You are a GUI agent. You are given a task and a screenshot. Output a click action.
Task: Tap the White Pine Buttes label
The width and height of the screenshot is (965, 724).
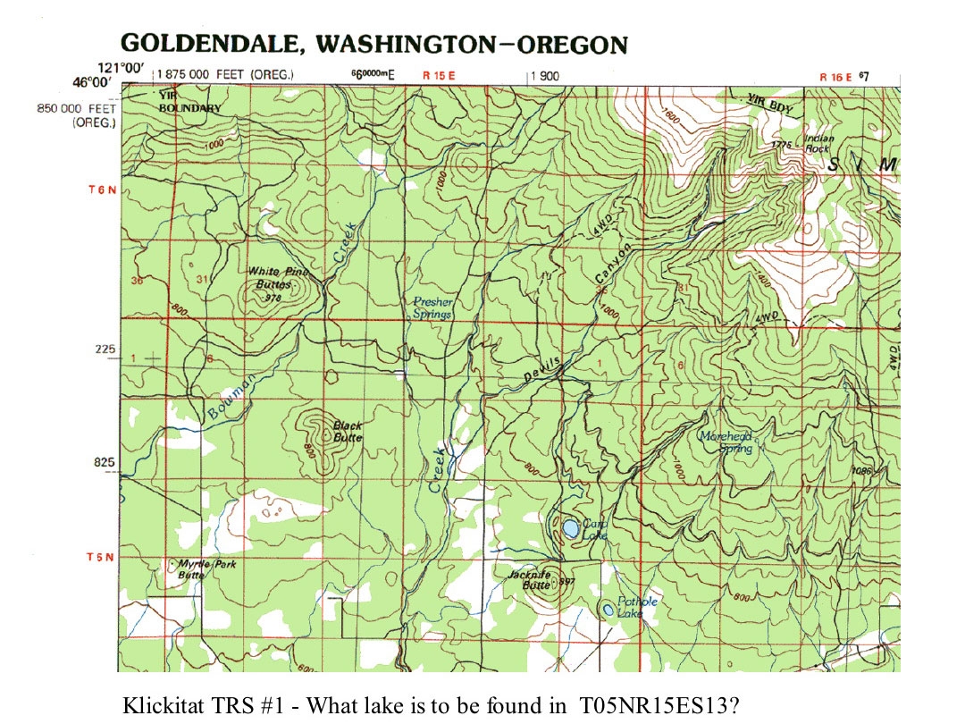pyautogui.click(x=275, y=278)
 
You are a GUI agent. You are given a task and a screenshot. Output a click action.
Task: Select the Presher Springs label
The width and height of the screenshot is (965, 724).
pyautogui.click(x=432, y=308)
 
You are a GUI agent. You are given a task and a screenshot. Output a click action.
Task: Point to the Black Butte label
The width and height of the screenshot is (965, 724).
pyautogui.click(x=348, y=432)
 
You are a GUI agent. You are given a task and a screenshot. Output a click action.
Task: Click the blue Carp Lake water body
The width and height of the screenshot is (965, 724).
pyautogui.click(x=568, y=528)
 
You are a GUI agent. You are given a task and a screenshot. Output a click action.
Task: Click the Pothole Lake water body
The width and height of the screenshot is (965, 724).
pyautogui.click(x=608, y=610)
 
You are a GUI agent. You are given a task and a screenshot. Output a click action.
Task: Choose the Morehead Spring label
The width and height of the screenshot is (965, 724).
pyautogui.click(x=726, y=442)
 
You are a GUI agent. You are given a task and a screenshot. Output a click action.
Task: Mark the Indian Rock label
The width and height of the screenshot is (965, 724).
pyautogui.click(x=818, y=144)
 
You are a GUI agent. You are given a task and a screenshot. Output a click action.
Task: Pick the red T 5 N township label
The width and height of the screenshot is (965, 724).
pyautogui.click(x=100, y=558)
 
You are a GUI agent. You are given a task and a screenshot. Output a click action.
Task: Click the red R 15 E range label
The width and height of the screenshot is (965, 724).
pyautogui.click(x=439, y=77)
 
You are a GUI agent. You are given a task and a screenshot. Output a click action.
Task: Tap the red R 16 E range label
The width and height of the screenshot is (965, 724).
pyautogui.click(x=836, y=77)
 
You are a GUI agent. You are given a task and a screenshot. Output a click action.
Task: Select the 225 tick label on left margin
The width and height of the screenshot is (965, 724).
pyautogui.click(x=105, y=349)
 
